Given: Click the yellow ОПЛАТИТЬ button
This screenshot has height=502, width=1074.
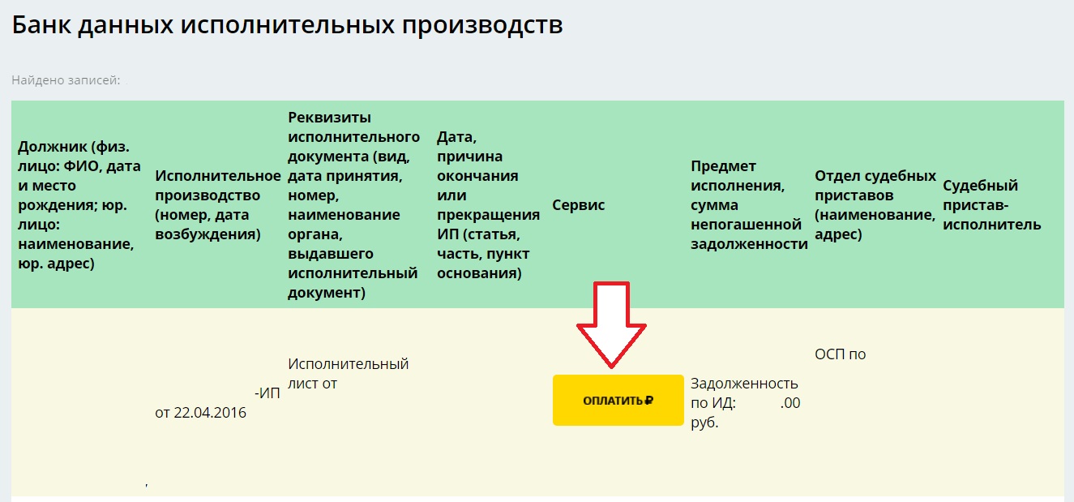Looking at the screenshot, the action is tap(618, 401).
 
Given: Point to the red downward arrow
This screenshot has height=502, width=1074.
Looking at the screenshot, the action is tap(611, 325).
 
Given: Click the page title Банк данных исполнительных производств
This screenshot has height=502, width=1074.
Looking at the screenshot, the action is tap(287, 25).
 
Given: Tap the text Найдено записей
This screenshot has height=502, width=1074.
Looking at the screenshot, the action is tap(66, 80).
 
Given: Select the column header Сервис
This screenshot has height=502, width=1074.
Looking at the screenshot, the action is tap(578, 205).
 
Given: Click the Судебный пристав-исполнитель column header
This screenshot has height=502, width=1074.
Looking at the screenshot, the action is tap(991, 205).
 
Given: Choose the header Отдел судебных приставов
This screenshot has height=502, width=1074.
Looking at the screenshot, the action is tap(875, 205).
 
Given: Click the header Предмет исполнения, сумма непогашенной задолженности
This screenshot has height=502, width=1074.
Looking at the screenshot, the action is tap(749, 205).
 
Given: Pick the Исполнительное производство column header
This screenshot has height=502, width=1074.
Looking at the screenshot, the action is tap(218, 205).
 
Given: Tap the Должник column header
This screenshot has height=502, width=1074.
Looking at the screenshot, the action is tap(79, 205).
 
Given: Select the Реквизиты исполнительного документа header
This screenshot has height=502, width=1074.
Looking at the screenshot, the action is tap(353, 205).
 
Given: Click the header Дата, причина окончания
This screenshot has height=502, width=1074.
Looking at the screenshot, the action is tap(488, 205).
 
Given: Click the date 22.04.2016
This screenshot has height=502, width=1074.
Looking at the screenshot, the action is tap(210, 413).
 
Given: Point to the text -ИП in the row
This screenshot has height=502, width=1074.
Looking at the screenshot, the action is tap(267, 393).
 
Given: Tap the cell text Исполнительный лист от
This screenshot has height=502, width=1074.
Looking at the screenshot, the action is tap(348, 374).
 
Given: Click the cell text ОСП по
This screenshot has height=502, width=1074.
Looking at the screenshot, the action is tap(840, 354).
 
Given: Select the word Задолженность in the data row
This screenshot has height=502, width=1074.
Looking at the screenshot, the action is tap(744, 384).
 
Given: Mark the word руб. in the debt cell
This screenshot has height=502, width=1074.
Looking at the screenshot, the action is tap(704, 423).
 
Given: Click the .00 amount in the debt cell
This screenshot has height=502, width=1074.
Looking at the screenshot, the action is tap(790, 403).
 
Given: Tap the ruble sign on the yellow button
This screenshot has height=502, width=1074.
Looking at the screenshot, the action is tap(648, 401).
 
